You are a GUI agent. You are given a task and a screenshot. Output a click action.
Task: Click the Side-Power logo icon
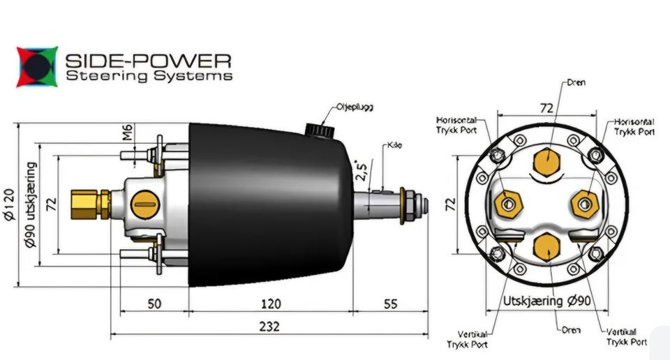coord(37,66)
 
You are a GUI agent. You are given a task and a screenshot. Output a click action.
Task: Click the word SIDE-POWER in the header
coord(148,60)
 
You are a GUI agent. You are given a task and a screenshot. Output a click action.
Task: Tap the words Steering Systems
coord(148,75)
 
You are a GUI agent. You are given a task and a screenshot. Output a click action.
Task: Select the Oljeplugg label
coord(355,107)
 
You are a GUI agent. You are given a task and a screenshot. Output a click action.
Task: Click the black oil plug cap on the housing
coord(318,130)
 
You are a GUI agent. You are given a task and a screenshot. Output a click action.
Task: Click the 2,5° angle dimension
coord(361,172)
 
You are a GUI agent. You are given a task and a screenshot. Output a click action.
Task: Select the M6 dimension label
coord(128,133)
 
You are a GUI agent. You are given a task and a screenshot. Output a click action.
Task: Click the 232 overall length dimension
coord(269,326)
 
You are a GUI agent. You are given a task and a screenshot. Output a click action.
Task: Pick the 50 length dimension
coord(154,303)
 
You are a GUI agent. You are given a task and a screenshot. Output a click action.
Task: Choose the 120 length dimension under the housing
coord(271,303)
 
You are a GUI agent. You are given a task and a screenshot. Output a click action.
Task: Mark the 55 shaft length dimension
coord(390,303)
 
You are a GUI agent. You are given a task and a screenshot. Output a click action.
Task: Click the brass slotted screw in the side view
coord(146,204)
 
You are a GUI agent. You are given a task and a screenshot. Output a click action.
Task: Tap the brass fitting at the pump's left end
coord(90,204)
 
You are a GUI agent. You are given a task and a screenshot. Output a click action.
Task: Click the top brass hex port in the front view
coord(546,161)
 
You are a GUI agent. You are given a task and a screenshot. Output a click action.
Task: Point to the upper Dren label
coord(576,82)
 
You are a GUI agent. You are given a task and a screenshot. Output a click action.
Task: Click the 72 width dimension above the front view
coord(546,108)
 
